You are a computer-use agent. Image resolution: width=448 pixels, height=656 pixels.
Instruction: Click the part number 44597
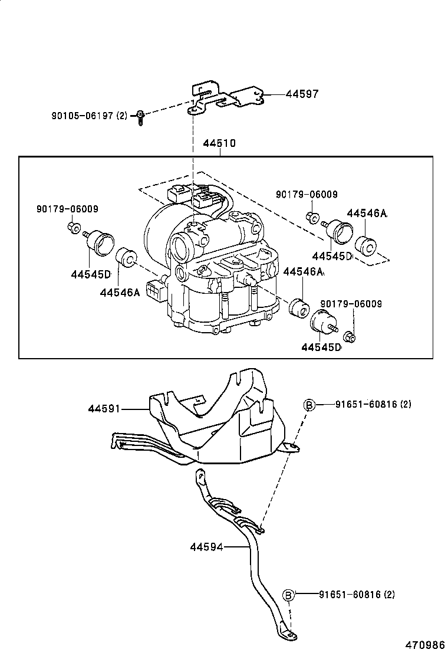[302, 94]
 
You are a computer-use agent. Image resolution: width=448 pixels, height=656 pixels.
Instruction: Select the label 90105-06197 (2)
[89, 115]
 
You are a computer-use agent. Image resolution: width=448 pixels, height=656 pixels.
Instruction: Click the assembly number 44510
[219, 143]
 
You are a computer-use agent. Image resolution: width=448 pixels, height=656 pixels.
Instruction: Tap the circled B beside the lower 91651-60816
[289, 595]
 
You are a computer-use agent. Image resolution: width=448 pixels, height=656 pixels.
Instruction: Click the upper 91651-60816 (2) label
[373, 405]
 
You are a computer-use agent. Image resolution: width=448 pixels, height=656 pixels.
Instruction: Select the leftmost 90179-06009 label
[67, 209]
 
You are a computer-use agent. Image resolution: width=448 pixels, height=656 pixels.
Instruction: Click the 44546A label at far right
[367, 214]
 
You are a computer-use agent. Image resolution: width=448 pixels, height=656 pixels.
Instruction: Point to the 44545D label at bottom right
[321, 347]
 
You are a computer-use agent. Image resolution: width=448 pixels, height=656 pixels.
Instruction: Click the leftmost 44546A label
[120, 292]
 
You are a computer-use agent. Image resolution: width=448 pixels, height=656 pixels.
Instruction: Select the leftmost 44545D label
[91, 274]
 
